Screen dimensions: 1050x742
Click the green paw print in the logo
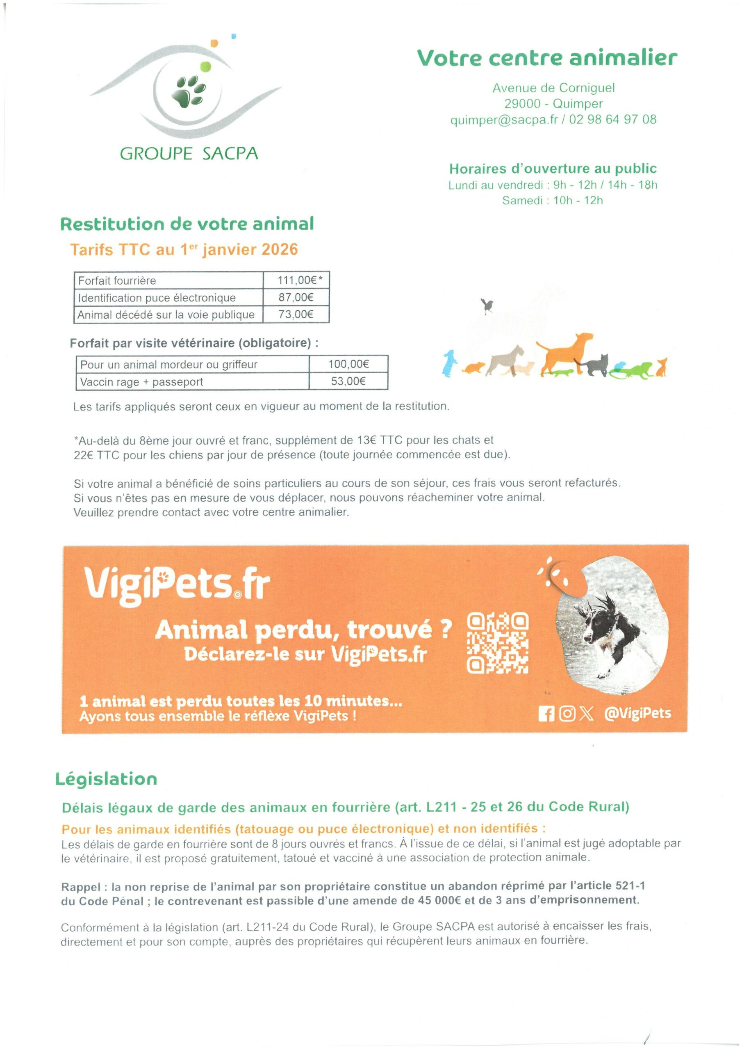188,91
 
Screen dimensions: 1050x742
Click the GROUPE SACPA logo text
189,154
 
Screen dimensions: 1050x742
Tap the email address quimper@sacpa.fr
504,120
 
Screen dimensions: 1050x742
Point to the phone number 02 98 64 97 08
612,120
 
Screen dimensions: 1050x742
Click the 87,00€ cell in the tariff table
296,298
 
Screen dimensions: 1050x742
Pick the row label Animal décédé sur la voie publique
166,315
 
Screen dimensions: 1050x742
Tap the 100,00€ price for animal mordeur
348,364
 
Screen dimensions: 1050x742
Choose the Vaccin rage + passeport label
141,382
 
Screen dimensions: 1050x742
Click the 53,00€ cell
348,381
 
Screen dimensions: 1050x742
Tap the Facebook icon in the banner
546,714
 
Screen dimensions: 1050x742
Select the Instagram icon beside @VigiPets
567,714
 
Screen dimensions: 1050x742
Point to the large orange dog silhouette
564,351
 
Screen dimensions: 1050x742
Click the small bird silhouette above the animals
488,305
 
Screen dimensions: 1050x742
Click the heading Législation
106,779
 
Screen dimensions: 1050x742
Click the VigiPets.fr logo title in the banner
176,585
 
